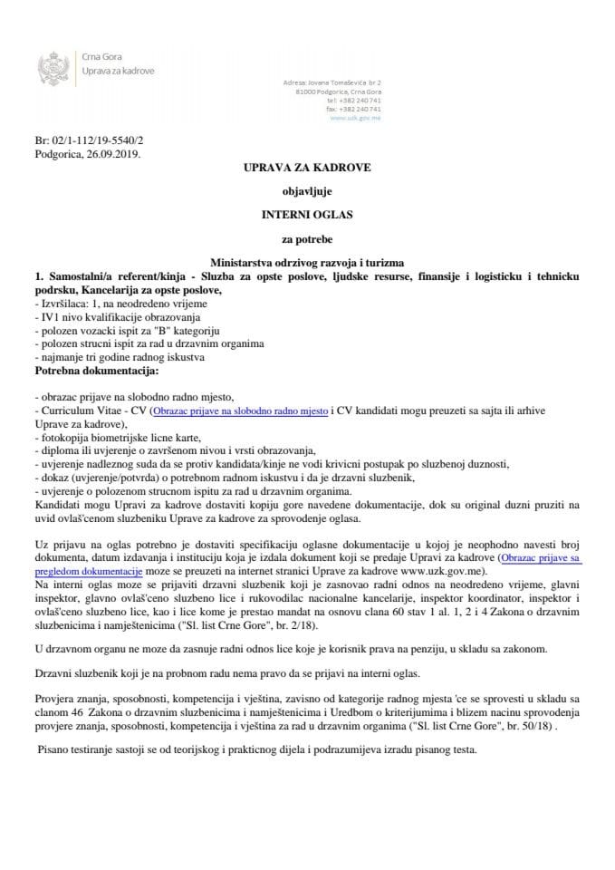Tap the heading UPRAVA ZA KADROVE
tap(307, 169)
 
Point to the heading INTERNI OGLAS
tap(307, 214)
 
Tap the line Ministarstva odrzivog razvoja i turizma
tap(307, 261)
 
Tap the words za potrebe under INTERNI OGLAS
tap(307, 237)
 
